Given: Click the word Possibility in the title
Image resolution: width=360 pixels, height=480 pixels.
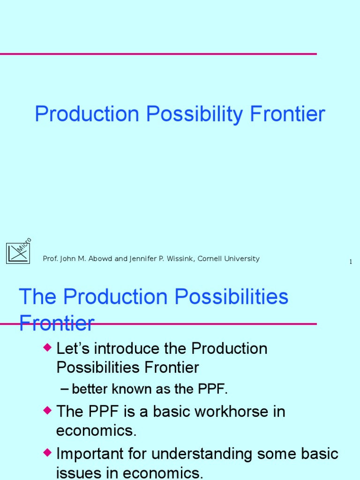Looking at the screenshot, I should [194, 115].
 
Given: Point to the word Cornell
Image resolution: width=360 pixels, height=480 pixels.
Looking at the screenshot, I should [210, 259].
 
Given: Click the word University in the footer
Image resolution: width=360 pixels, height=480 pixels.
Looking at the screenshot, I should [242, 259].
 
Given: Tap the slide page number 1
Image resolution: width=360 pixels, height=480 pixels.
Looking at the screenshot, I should [351, 262].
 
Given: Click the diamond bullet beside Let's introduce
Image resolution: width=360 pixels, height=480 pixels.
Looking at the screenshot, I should [46, 347].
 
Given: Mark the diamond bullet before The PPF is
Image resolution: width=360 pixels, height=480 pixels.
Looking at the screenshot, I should [46, 410].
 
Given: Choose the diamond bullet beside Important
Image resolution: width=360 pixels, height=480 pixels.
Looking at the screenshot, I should [46, 452].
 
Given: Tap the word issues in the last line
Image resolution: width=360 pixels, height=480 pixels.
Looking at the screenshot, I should [76, 473].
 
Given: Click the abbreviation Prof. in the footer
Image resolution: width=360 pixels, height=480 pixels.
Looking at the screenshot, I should [50, 259].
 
